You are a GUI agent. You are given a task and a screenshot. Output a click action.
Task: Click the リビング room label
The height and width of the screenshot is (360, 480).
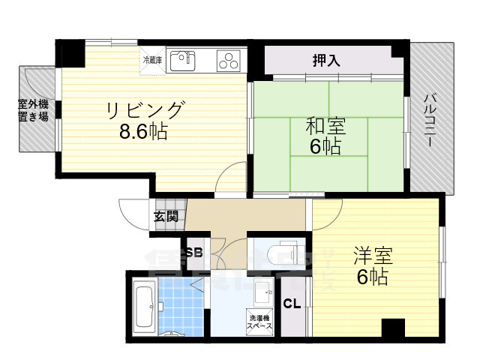143,111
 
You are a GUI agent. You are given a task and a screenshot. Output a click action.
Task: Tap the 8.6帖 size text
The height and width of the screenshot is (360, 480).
143,133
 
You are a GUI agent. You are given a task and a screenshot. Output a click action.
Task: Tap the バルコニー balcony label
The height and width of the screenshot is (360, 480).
431,119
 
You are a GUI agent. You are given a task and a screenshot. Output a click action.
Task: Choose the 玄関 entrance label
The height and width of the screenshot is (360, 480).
166,217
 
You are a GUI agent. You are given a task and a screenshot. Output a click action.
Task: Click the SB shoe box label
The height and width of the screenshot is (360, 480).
194,252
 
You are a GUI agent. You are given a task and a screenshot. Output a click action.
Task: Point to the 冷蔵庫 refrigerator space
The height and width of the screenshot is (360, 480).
151,59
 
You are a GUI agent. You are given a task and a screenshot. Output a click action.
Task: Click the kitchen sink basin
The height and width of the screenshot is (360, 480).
182,60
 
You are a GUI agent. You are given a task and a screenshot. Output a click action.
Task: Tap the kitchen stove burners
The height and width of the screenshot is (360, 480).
228,61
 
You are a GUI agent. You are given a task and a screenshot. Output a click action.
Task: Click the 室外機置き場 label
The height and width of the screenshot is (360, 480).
34,110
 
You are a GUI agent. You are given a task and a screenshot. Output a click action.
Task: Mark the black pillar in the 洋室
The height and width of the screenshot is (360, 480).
392,328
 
